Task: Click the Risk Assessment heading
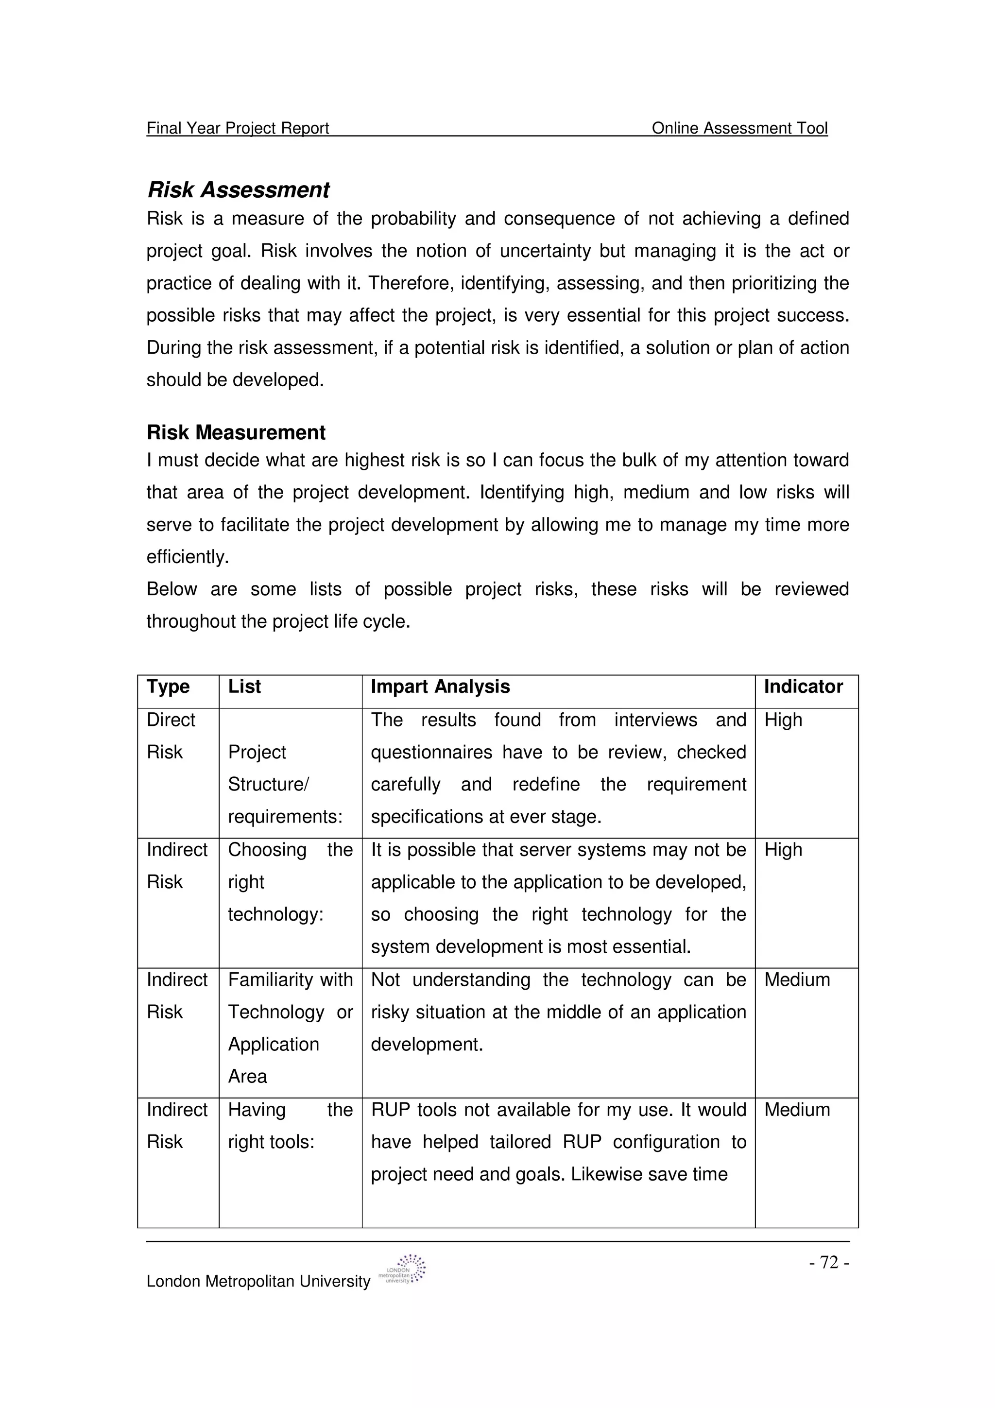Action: (239, 190)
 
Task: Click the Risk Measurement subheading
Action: (236, 432)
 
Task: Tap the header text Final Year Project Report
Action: (238, 128)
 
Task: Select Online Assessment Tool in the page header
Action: (739, 128)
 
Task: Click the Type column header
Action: (168, 687)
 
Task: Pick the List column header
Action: (244, 687)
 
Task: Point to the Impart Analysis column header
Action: (440, 687)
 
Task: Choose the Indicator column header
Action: (803, 687)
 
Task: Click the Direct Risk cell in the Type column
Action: (171, 736)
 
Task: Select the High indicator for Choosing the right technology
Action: (783, 850)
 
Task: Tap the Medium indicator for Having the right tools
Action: (797, 1110)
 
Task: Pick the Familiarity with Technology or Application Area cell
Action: (290, 1028)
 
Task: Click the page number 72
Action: (829, 1263)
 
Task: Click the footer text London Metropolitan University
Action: (258, 1282)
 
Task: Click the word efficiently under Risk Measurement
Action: (187, 557)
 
